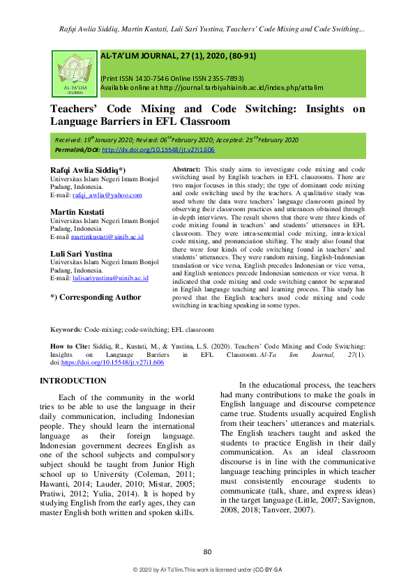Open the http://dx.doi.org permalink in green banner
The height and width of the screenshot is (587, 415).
[158, 149]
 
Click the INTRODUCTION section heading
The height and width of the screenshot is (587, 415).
[73, 381]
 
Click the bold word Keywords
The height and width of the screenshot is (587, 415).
[67, 329]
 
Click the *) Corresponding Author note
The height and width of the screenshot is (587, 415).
[96, 297]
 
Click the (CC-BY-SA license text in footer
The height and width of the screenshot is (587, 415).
[267, 570]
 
